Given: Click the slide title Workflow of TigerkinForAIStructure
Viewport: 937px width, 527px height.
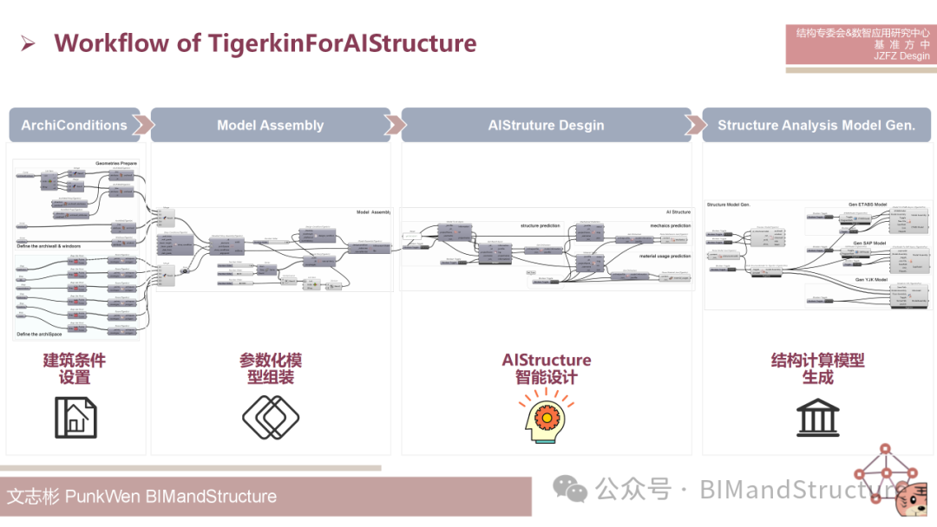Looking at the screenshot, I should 265,43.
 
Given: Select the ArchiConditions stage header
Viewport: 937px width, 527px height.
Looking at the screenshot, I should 75,125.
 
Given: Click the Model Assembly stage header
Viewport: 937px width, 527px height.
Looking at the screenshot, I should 270,125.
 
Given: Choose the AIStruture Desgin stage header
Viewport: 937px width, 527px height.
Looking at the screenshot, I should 546,125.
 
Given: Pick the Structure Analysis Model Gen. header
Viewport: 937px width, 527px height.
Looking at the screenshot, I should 816,125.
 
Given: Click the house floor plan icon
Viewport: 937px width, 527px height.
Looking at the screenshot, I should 75,417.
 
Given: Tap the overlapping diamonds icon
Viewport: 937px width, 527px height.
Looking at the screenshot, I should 270,417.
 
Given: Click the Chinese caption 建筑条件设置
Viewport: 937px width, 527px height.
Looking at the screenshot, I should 75,368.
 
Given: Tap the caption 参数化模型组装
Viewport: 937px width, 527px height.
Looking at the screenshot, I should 270,368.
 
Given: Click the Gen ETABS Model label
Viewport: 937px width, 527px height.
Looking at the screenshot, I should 867,205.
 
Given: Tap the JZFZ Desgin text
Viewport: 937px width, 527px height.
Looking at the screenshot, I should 901,56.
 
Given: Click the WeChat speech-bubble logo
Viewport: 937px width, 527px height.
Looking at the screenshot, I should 570,490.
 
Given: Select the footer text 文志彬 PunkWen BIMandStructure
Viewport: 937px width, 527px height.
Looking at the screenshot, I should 141,497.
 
